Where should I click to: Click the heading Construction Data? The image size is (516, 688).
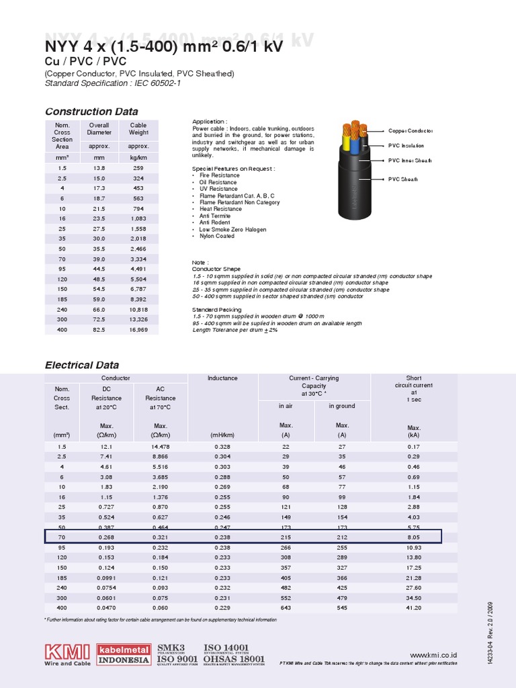click(x=91, y=112)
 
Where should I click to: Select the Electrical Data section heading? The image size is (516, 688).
click(x=82, y=365)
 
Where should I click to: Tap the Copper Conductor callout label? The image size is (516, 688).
click(x=410, y=131)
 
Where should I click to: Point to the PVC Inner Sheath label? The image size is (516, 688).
click(x=410, y=161)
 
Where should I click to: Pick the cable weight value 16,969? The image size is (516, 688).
click(x=138, y=330)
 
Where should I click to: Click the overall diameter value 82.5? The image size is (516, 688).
click(x=99, y=330)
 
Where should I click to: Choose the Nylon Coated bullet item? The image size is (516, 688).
click(x=216, y=236)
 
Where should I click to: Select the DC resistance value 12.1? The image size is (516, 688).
click(x=106, y=446)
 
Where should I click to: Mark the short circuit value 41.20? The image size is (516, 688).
click(x=414, y=608)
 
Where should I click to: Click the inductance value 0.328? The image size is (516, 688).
click(x=222, y=446)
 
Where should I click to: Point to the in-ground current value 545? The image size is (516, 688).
click(x=342, y=608)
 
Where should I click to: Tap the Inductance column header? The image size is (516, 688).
click(x=222, y=378)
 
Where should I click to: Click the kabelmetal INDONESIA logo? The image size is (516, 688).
click(x=124, y=654)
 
